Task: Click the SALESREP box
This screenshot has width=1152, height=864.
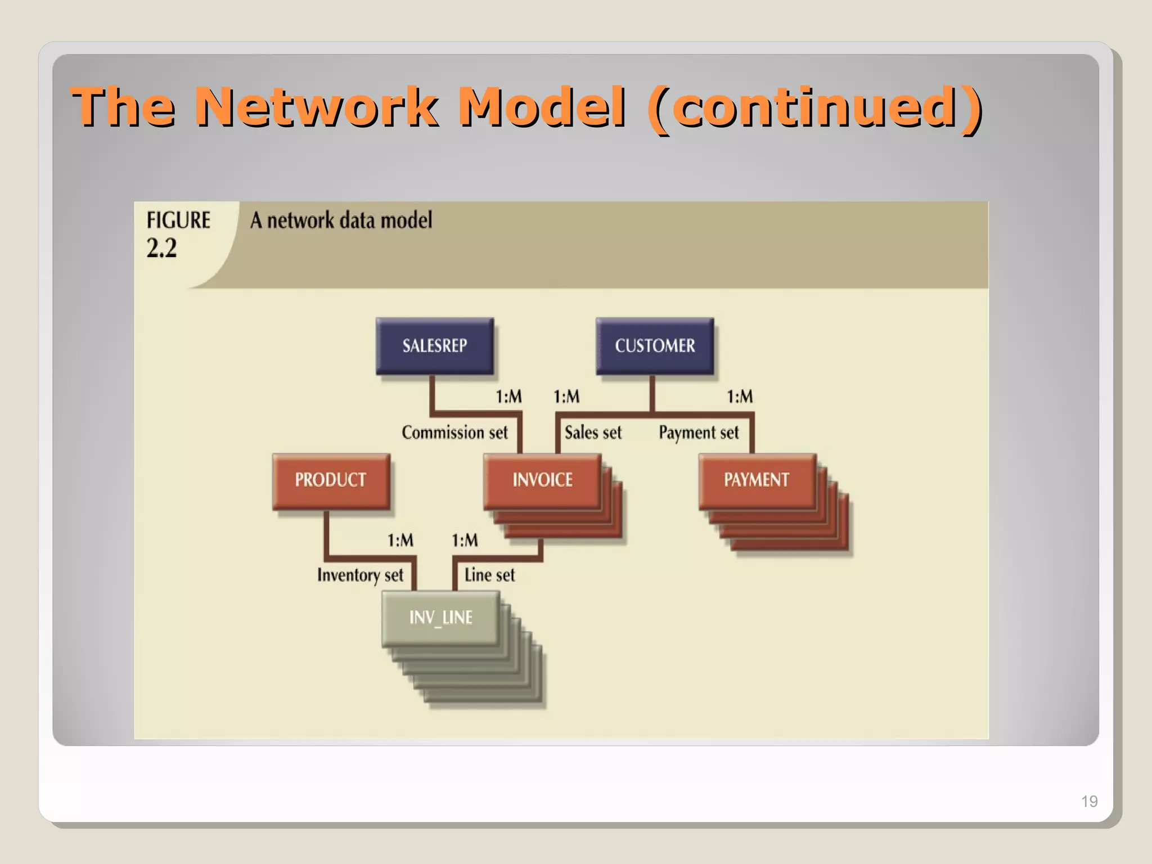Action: (x=434, y=345)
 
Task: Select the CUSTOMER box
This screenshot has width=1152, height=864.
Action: (x=655, y=345)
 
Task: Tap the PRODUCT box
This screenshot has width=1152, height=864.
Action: (x=331, y=480)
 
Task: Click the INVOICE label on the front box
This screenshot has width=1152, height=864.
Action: (x=542, y=480)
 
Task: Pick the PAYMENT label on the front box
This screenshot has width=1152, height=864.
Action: (x=756, y=480)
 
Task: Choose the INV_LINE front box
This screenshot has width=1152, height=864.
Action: (x=440, y=618)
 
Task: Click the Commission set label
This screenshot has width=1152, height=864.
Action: (x=454, y=433)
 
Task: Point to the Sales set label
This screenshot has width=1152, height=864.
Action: (x=593, y=433)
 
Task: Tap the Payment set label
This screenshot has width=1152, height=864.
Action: (x=699, y=433)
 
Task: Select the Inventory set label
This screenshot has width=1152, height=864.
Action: (x=360, y=575)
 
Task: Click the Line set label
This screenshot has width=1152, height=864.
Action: (x=489, y=575)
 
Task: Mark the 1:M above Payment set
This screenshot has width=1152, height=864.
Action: (x=740, y=397)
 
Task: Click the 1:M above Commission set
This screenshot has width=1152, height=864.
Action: (x=508, y=397)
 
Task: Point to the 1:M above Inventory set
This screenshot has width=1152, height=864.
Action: (x=400, y=541)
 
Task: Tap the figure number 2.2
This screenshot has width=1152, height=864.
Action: (x=161, y=248)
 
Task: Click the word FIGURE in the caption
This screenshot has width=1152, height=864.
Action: (x=178, y=220)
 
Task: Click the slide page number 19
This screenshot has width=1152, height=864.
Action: (x=1089, y=801)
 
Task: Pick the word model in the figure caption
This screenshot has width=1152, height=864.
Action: (x=406, y=220)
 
